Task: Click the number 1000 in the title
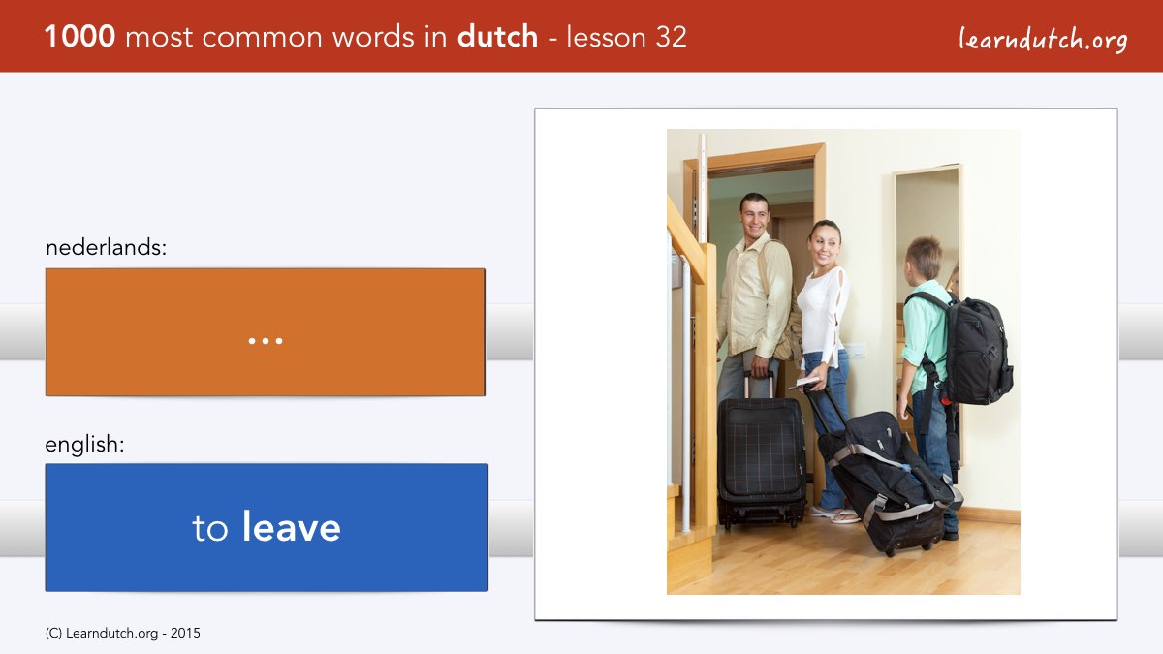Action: pos(79,37)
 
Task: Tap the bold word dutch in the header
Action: pos(497,37)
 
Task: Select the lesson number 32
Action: pos(671,37)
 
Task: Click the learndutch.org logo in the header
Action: pos(1043,40)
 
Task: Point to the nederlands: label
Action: pos(106,247)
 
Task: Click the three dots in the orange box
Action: pos(266,341)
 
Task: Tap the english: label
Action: pos(84,445)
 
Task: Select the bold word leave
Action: pos(292,527)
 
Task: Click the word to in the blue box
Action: pos(209,528)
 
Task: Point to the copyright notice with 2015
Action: pos(122,634)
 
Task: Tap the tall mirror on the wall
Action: pos(927,311)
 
